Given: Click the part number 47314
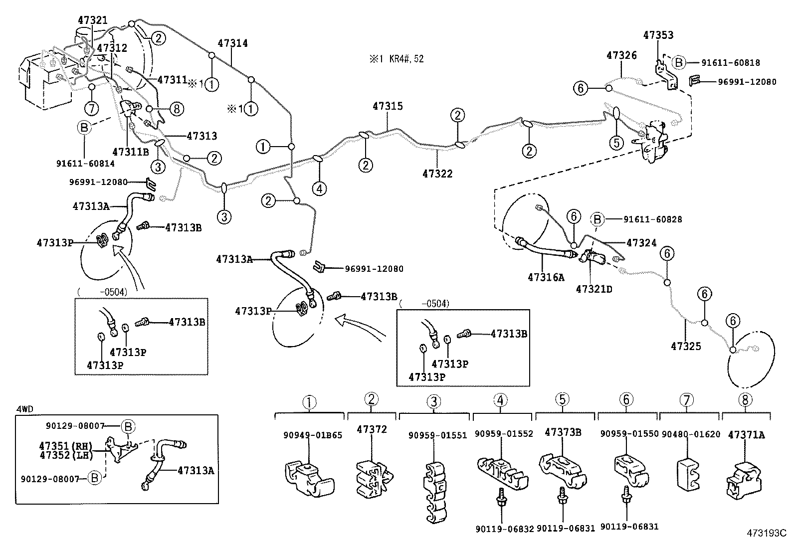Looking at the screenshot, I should [x=232, y=43].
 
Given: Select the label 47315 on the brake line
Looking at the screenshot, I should [x=388, y=106].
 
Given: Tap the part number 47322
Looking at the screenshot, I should [x=437, y=174].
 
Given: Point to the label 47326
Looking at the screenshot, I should [x=621, y=55].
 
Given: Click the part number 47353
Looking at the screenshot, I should [x=658, y=35].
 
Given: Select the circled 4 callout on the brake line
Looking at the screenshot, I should [x=320, y=188].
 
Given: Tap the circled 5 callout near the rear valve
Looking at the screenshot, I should [x=616, y=143].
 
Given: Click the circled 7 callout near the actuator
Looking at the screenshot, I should [x=92, y=108].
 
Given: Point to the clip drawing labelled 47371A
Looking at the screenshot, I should [x=744, y=479].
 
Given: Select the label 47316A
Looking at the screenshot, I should [x=546, y=277].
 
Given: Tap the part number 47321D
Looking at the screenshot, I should [x=594, y=289].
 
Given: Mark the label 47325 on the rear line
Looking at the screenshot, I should [x=686, y=346].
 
